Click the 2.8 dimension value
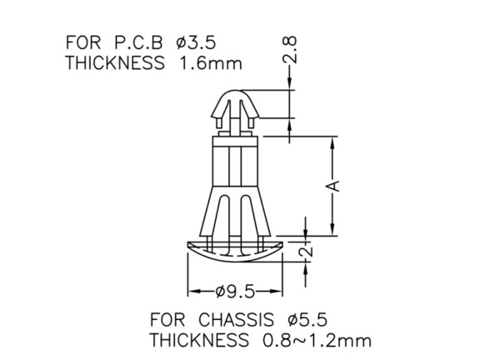coord(290,50)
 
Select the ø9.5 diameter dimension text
coord(235,292)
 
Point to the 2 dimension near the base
coord(306,251)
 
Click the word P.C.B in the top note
coord(138,42)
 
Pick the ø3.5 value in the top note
coord(196,42)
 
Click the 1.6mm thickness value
coord(211,62)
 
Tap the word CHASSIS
coord(236,319)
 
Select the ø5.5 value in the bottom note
coord(307,319)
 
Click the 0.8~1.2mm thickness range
coord(317,340)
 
